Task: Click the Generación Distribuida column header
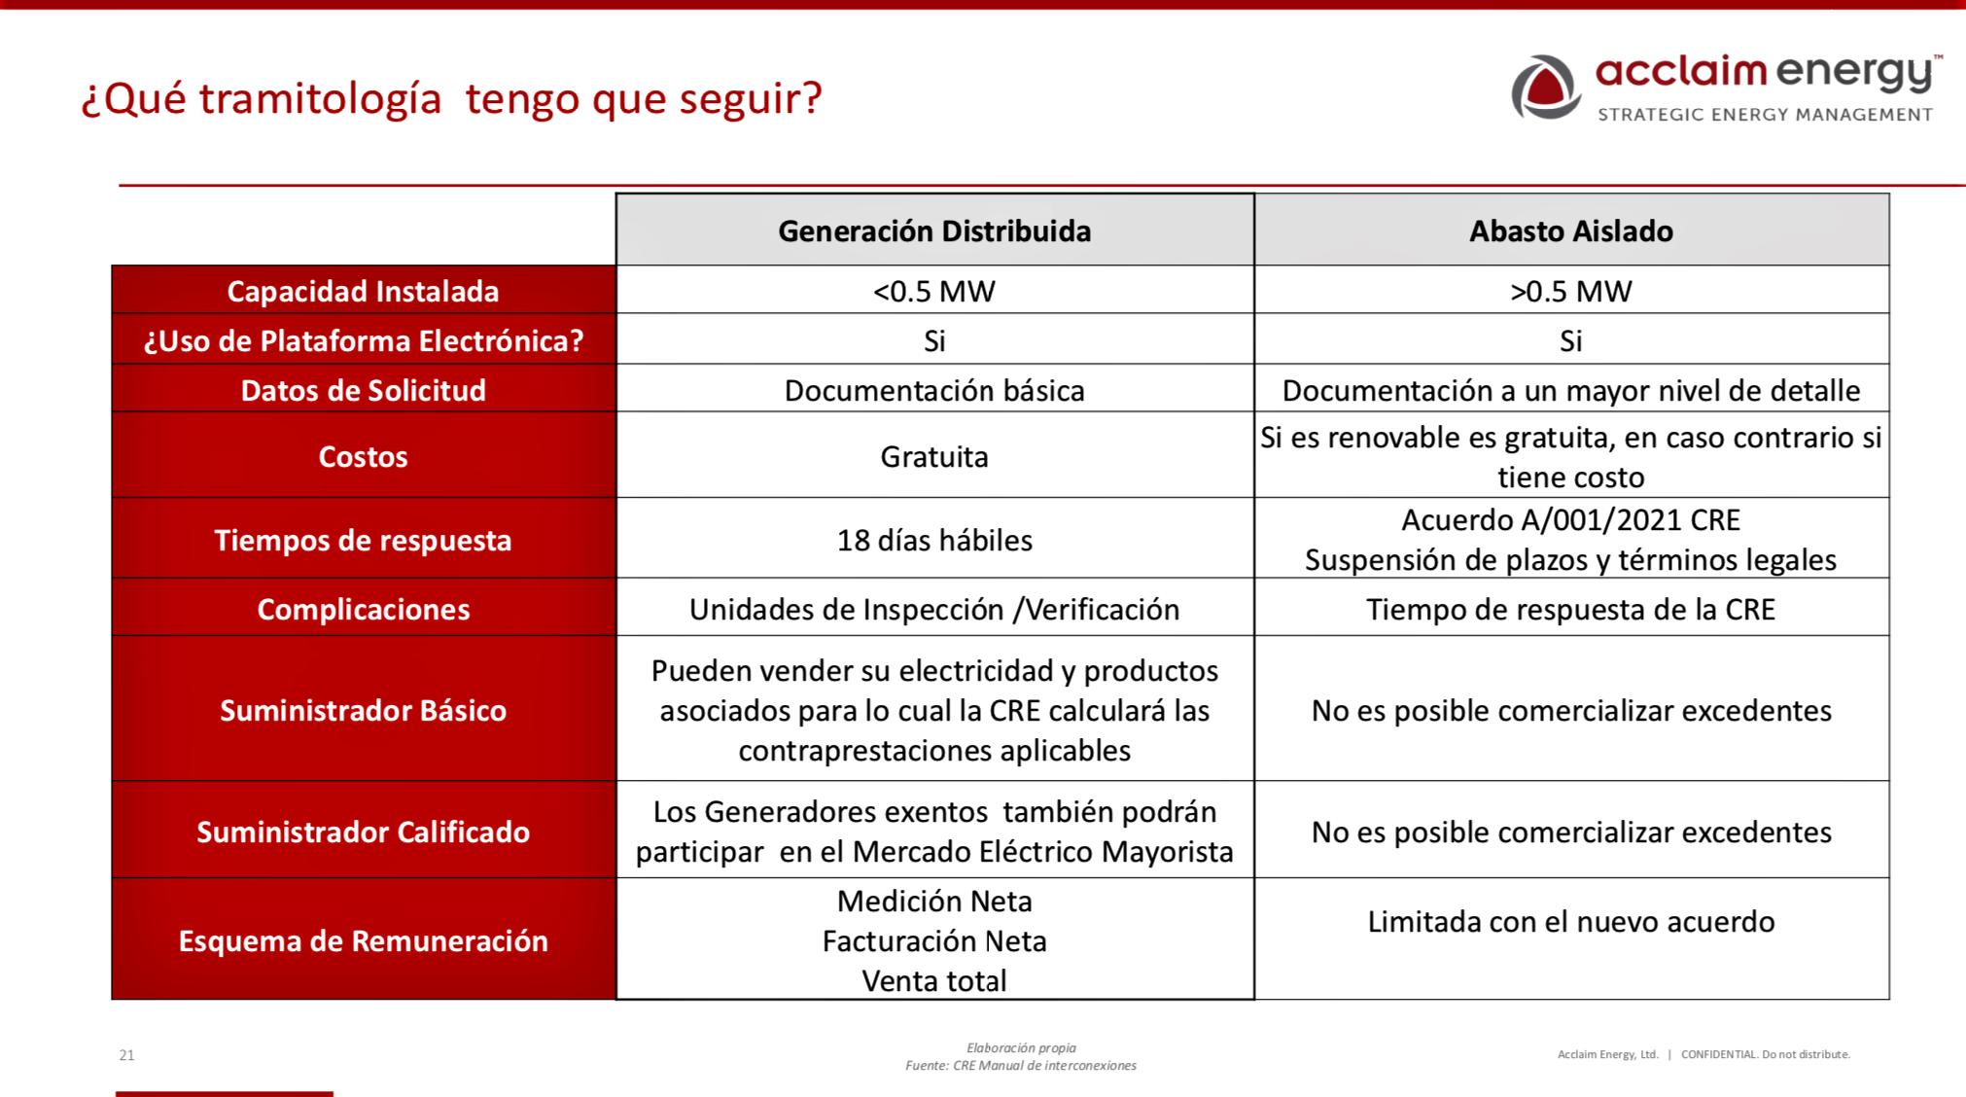pos(934,230)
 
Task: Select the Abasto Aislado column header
pos(1570,230)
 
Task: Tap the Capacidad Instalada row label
pos(363,291)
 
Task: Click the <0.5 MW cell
pos(934,291)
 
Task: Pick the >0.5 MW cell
pos(1570,291)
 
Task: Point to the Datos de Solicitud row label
pos(363,390)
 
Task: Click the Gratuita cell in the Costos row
pos(934,456)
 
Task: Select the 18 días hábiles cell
pos(934,540)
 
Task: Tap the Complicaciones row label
pos(363,609)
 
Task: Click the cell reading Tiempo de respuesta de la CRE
pos(1570,609)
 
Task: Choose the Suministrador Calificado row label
pos(363,832)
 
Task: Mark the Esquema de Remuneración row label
pos(363,940)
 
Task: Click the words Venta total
pos(934,980)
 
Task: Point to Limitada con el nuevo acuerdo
pos(1570,921)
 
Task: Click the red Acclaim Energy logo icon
pos(1545,88)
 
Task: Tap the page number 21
pos(126,1055)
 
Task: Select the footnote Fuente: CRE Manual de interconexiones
pos(1021,1066)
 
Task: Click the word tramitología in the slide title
pos(320,99)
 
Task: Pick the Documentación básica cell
pos(934,390)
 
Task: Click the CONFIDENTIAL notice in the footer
pos(1766,1054)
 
